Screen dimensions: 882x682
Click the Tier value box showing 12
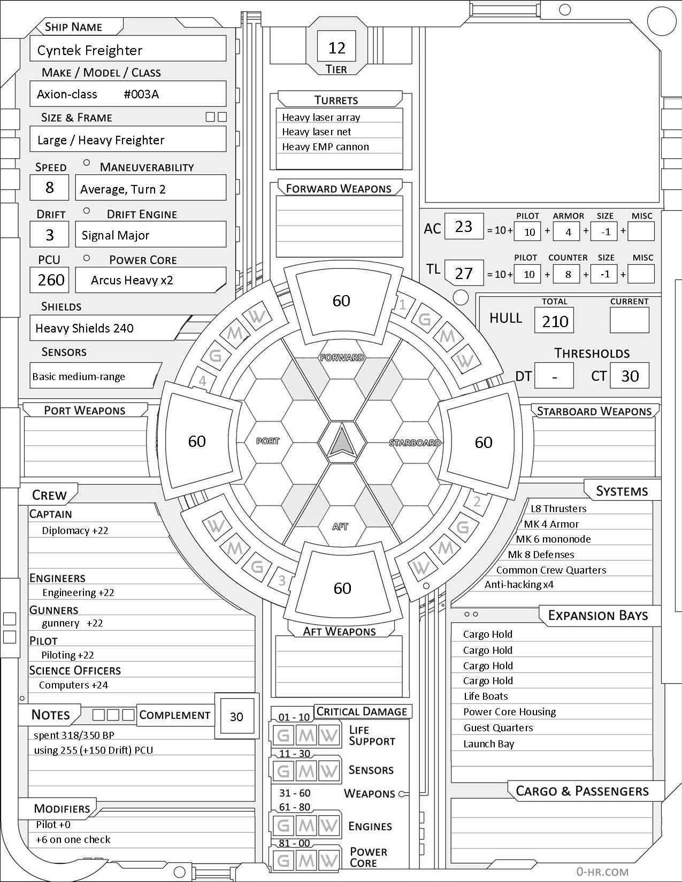click(336, 48)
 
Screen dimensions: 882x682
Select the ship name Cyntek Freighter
click(90, 50)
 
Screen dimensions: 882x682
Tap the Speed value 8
click(50, 188)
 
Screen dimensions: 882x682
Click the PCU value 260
click(51, 280)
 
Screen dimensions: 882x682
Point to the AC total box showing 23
click(463, 227)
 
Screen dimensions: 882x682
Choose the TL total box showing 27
click(463, 273)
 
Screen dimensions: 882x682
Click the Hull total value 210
click(555, 321)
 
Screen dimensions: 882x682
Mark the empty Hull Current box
click(629, 321)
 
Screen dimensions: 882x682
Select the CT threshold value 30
click(630, 376)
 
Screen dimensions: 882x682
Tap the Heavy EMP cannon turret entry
click(325, 146)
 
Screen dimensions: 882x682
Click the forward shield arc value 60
click(341, 300)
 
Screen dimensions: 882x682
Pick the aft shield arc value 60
click(342, 588)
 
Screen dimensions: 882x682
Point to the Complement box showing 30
click(236, 717)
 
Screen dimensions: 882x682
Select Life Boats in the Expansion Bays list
click(486, 696)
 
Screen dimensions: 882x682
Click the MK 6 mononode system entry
click(553, 539)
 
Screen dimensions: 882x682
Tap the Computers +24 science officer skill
click(73, 685)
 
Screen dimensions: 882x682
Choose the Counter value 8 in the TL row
click(568, 274)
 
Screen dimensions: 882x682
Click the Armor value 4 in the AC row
click(568, 232)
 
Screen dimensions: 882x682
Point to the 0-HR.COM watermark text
click(602, 871)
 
